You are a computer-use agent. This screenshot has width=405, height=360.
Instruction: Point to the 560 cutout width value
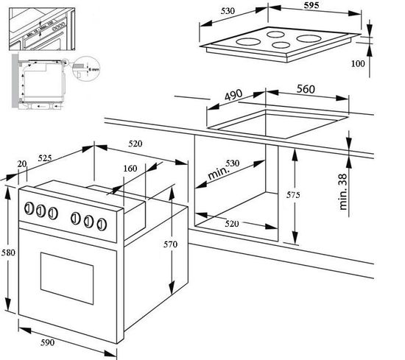click(306, 89)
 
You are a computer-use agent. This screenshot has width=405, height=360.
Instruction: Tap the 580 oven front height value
click(8, 253)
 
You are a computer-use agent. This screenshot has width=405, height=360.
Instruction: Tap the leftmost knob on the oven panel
click(31, 208)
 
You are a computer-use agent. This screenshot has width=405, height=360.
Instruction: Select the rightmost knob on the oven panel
click(98, 222)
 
